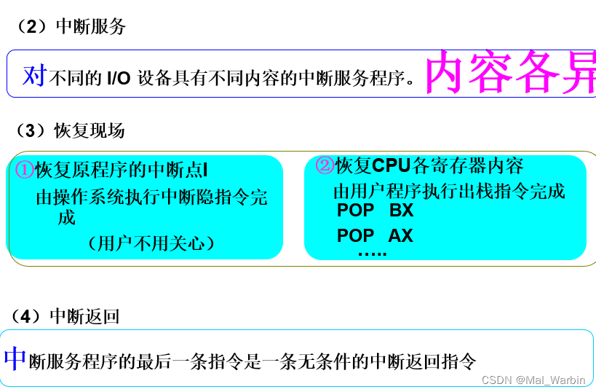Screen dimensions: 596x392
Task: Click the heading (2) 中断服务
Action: click(x=71, y=27)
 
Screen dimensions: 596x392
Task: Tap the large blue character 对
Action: click(x=34, y=74)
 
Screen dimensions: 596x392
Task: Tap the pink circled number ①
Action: click(x=25, y=170)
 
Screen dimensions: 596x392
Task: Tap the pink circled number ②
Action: click(x=325, y=165)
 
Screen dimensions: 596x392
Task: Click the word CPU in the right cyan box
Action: click(x=392, y=165)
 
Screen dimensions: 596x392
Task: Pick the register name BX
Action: click(x=401, y=211)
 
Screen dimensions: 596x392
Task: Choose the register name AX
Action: click(x=400, y=235)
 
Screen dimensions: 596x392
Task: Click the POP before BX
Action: click(x=355, y=211)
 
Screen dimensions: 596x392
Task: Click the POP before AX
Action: click(x=355, y=235)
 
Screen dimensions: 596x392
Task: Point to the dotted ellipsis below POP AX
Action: click(x=372, y=253)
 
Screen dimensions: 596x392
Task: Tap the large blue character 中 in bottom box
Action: click(x=15, y=358)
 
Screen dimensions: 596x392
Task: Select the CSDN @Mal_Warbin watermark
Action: click(x=533, y=380)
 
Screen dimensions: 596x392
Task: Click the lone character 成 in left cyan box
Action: click(x=67, y=218)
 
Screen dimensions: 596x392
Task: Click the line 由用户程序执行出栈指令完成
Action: click(x=449, y=192)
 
